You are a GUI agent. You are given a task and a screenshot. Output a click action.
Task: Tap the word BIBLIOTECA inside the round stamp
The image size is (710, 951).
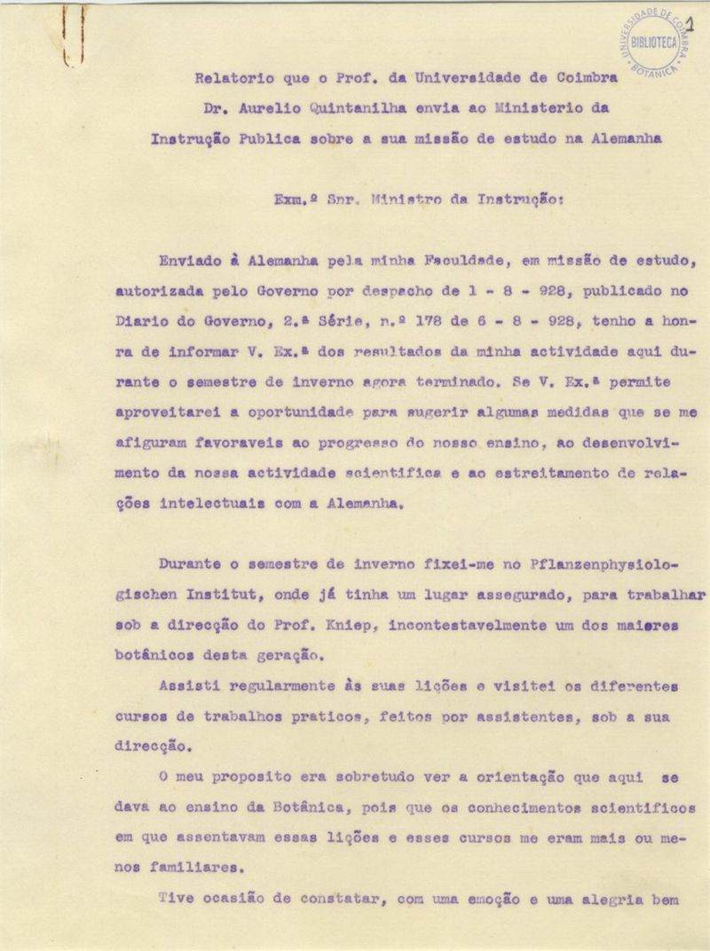click(x=654, y=42)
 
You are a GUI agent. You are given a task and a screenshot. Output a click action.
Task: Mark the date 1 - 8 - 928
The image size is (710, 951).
click(x=444, y=291)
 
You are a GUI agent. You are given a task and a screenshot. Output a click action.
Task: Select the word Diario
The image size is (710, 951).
click(x=139, y=322)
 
